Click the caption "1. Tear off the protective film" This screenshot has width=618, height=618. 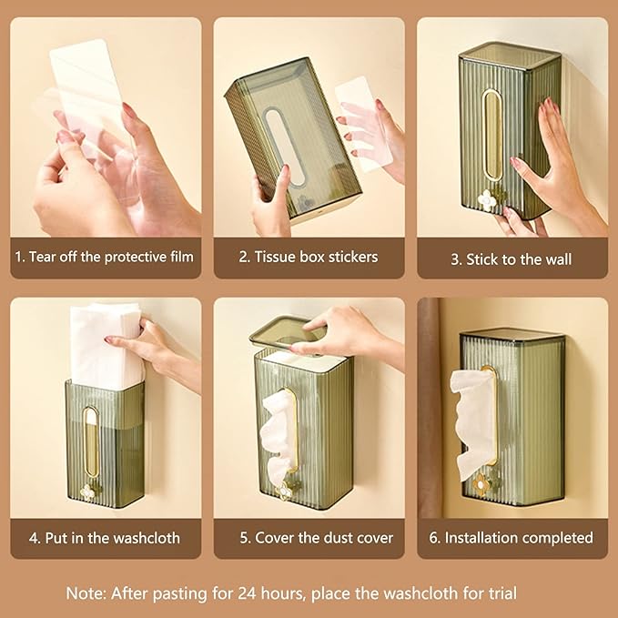104,257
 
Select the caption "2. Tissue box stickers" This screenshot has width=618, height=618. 308,257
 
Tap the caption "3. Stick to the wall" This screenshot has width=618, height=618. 512,259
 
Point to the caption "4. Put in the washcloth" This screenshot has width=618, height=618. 104,538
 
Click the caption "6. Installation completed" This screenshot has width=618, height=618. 511,538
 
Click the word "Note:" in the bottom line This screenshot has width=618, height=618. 86,593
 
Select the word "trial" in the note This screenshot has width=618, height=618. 529,593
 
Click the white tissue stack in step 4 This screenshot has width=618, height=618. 106,346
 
